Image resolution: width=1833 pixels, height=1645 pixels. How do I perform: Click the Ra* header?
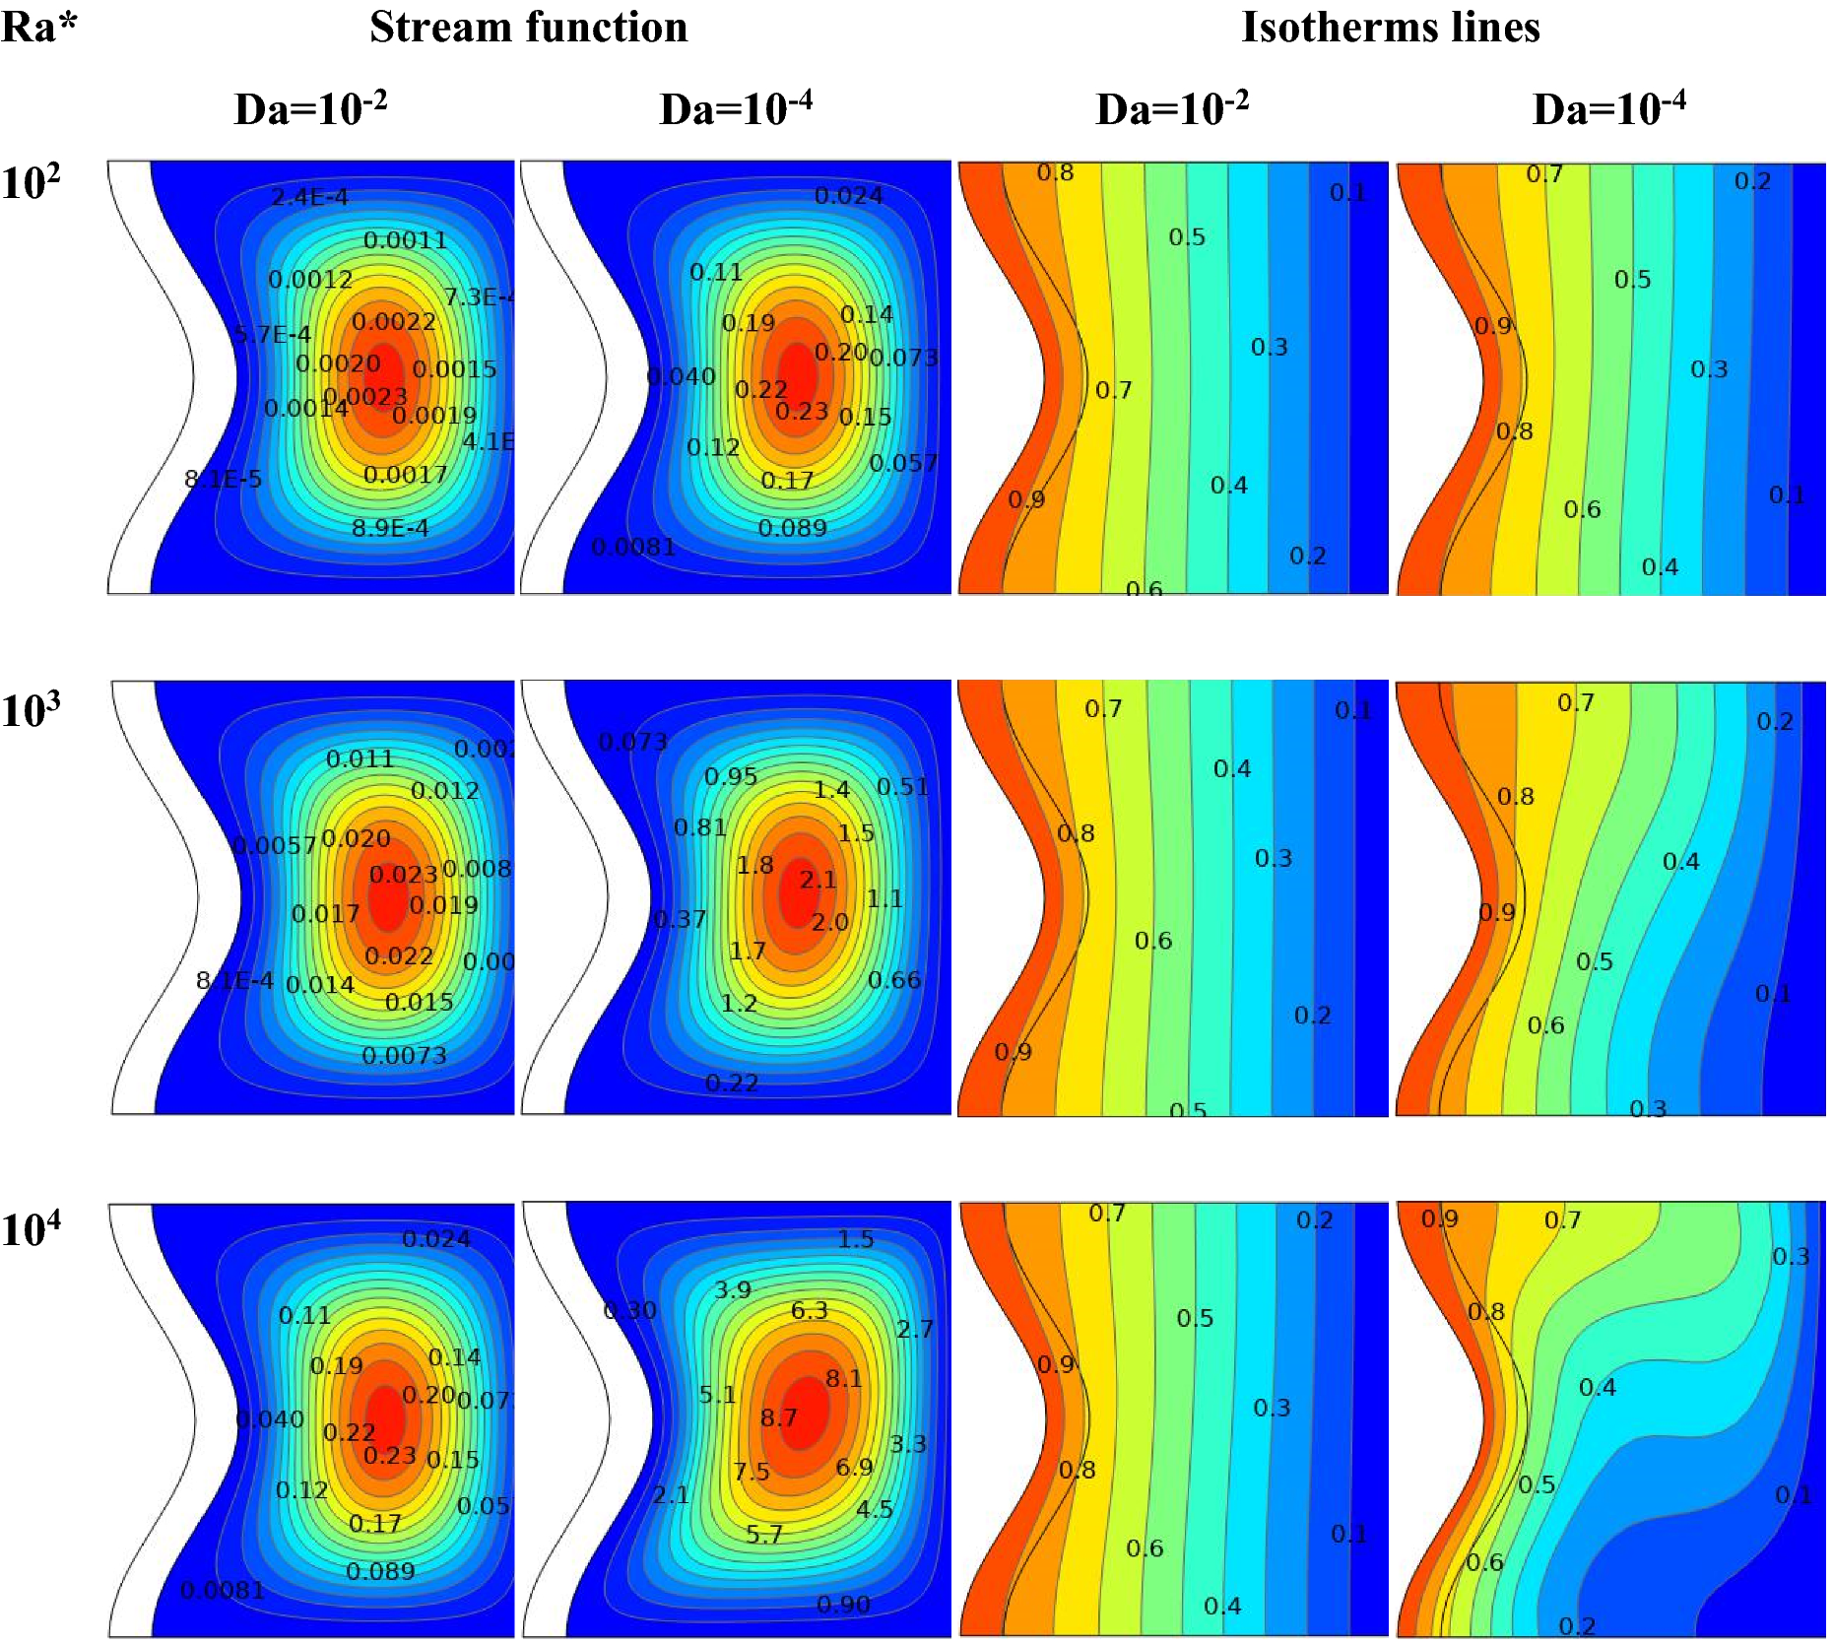point(38,27)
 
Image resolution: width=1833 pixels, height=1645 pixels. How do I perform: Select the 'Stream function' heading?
point(528,27)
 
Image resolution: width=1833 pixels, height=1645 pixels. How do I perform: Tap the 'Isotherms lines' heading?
point(1390,27)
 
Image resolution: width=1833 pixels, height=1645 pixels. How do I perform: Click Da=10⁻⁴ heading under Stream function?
point(735,108)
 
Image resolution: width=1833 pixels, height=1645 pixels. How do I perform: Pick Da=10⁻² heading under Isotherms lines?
point(1171,108)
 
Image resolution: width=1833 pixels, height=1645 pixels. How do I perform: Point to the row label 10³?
point(31,710)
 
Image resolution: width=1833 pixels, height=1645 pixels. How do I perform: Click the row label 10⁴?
point(31,1229)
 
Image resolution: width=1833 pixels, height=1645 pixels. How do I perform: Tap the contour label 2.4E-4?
point(309,197)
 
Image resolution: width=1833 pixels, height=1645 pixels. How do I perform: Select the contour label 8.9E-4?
point(390,528)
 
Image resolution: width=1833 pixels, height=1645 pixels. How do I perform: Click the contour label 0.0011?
point(405,240)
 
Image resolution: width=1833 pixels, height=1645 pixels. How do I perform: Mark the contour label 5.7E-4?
point(273,335)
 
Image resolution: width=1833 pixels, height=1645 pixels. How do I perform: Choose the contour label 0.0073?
point(404,1056)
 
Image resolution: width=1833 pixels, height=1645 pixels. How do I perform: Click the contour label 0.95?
point(730,776)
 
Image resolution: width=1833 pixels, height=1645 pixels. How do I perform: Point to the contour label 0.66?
point(893,980)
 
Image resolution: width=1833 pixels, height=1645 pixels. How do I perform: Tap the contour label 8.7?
point(778,1417)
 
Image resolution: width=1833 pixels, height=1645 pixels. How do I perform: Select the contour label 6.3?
point(809,1310)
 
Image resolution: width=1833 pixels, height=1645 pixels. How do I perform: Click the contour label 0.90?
point(843,1605)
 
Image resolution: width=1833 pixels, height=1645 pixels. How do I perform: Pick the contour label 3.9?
point(732,1289)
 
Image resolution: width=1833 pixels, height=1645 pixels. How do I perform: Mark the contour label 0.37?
point(680,919)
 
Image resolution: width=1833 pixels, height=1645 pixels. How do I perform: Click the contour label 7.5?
point(751,1472)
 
